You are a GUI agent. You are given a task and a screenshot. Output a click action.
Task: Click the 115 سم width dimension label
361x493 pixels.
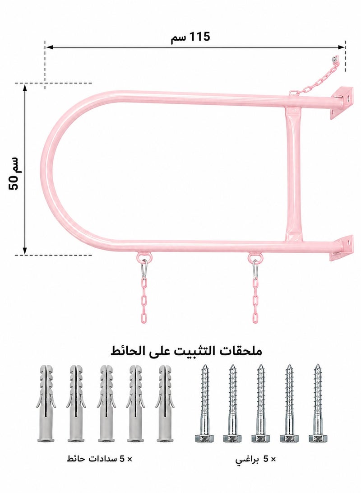[190, 37]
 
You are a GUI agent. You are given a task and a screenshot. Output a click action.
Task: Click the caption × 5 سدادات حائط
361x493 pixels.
[100, 459]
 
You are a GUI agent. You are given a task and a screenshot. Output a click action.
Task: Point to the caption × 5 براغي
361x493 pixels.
[255, 460]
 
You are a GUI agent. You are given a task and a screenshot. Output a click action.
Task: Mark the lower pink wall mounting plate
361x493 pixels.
[341, 248]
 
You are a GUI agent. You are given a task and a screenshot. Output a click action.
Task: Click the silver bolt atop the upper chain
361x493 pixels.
[336, 59]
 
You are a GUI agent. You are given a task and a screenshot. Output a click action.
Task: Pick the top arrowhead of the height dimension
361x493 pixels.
[25, 87]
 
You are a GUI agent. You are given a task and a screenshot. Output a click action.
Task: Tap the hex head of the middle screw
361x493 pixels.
[260, 438]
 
